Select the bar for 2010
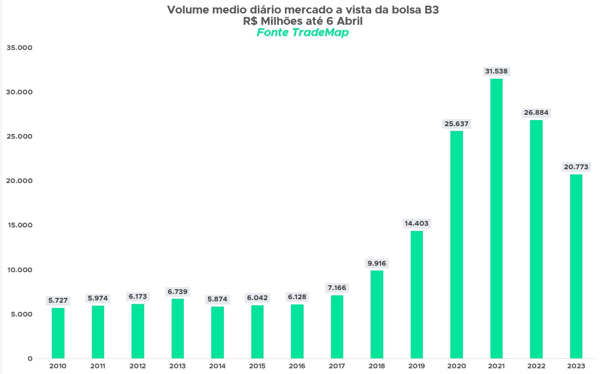coord(58,333)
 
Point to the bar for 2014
coord(217,332)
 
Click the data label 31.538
coord(496,71)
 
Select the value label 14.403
coord(416,224)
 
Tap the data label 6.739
coord(178,291)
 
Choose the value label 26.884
coord(536,113)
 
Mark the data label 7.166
coord(337,288)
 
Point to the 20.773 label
coord(576,167)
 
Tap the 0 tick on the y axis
coord(30,359)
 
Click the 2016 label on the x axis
coord(297,366)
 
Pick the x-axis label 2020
coord(456,366)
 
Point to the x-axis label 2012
coord(138,366)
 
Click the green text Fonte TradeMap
coord(303,33)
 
